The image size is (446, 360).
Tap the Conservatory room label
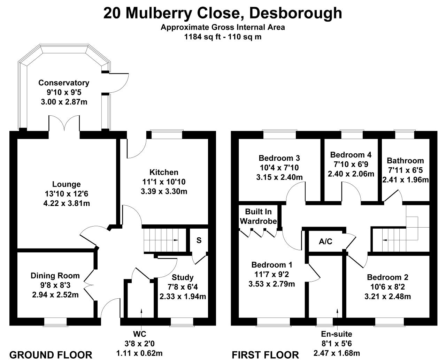coord(64,83)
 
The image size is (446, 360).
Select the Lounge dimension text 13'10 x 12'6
coord(66,194)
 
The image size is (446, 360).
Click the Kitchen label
coord(164,172)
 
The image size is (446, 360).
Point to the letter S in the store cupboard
coord(199,240)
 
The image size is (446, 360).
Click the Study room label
coord(183,277)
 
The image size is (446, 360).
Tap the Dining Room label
coord(55,276)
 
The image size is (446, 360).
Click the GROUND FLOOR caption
coord(51,355)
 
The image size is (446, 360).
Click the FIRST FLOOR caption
coord(265,355)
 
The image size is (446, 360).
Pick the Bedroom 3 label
coord(279,158)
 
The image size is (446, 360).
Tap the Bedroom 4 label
coord(351,155)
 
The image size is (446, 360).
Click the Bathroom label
coord(405,161)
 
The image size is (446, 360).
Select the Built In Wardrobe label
coord(258,216)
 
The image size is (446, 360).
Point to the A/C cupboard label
coord(325,242)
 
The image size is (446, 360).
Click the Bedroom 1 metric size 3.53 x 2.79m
coord(272,284)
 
